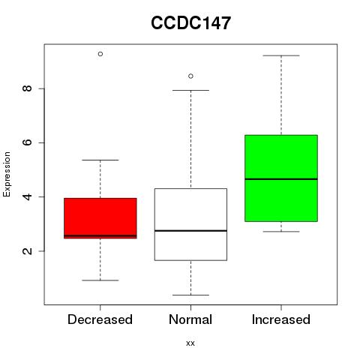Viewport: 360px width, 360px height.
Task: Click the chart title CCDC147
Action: [x=190, y=22]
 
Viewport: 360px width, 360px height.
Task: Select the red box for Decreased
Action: [x=100, y=218]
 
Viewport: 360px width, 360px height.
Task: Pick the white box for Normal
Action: [x=190, y=224]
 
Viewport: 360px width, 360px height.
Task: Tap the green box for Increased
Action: [x=281, y=178]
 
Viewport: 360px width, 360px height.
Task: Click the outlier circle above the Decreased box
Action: [x=100, y=54]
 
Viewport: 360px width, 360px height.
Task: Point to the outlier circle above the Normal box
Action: [x=190, y=76]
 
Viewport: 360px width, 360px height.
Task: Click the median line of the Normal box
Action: [x=190, y=230]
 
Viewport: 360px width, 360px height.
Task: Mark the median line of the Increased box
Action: [x=281, y=179]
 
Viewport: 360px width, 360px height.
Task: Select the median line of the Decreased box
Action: [x=100, y=235]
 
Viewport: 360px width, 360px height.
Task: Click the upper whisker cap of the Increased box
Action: [x=281, y=55]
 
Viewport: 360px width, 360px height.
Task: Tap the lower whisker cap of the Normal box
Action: [x=190, y=295]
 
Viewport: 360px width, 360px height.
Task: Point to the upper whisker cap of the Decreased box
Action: [x=100, y=160]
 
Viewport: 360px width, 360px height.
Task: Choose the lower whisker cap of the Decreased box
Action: [x=100, y=280]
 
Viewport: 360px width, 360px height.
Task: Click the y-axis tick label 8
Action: [x=27, y=88]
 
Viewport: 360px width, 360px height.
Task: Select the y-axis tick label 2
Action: [x=27, y=250]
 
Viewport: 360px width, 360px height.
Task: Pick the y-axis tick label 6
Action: [x=27, y=142]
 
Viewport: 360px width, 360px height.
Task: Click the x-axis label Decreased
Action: [x=100, y=319]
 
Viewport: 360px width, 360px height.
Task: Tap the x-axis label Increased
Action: [x=281, y=319]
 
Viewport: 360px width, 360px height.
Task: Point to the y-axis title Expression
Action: [x=7, y=174]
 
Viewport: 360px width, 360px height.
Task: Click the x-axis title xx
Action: [x=190, y=343]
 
